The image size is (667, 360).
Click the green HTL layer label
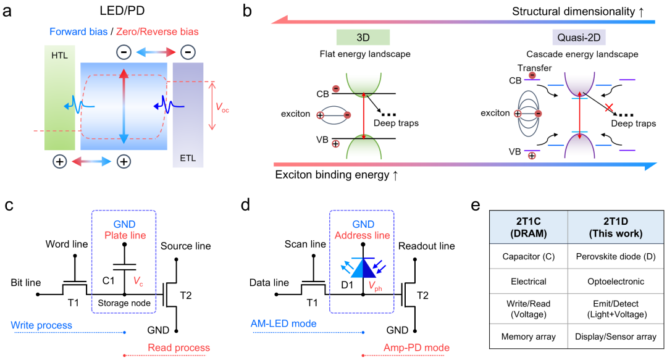click(x=59, y=56)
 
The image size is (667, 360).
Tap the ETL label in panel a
click(x=188, y=158)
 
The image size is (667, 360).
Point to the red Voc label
click(x=222, y=107)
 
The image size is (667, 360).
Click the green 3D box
click(x=363, y=38)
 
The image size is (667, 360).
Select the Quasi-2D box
click(x=579, y=38)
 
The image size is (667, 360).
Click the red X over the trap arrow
click(x=609, y=107)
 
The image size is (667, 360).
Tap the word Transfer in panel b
click(x=534, y=68)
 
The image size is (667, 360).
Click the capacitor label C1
click(x=109, y=280)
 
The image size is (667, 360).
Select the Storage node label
click(x=124, y=303)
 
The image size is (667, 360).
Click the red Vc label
click(x=138, y=282)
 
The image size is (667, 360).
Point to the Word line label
click(x=67, y=245)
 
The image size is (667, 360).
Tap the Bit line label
click(x=26, y=283)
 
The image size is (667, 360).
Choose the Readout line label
click(x=426, y=246)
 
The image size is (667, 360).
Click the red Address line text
click(x=363, y=235)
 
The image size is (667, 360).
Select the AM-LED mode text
click(x=283, y=324)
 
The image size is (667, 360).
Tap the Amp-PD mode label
click(x=416, y=348)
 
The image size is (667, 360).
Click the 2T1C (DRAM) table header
click(x=528, y=227)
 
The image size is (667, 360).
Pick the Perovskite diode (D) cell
click(x=616, y=257)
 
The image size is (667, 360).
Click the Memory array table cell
click(x=528, y=337)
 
